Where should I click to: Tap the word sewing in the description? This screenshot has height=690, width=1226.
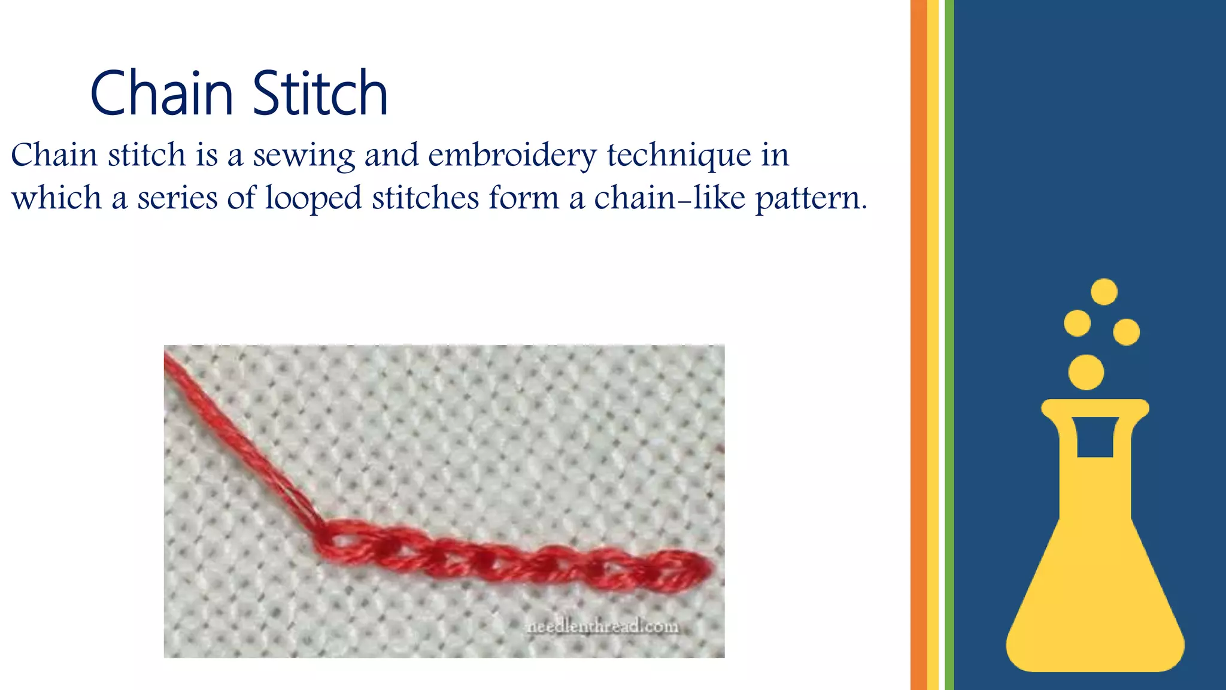pos(304,155)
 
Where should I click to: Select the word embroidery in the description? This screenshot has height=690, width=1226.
pos(512,155)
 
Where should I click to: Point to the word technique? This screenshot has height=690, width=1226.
pos(679,155)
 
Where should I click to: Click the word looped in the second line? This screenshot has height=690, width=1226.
pos(313,198)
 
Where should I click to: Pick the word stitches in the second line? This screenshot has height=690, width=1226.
pos(425,198)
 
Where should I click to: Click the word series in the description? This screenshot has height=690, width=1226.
pos(177,198)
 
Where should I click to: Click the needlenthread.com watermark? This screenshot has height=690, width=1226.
pos(602,627)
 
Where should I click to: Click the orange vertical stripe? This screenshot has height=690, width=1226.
pos(918,345)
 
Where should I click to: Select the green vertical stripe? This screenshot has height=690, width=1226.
pos(949,345)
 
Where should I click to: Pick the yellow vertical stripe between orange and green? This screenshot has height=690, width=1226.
pos(933,345)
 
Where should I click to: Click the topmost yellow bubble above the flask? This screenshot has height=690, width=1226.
pos(1104,292)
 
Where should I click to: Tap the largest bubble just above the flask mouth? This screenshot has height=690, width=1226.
pos(1086,372)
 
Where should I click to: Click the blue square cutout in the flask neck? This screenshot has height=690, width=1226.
pos(1095,437)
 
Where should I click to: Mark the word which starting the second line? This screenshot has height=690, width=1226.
pos(57,198)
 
